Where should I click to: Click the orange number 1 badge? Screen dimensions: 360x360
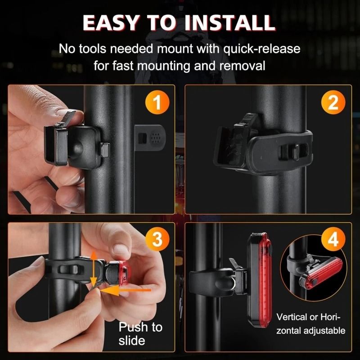(x=156, y=103)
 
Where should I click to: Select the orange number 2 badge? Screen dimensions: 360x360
(x=333, y=103)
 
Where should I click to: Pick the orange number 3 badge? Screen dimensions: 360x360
(x=156, y=240)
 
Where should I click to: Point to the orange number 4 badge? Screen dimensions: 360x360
(x=333, y=240)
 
